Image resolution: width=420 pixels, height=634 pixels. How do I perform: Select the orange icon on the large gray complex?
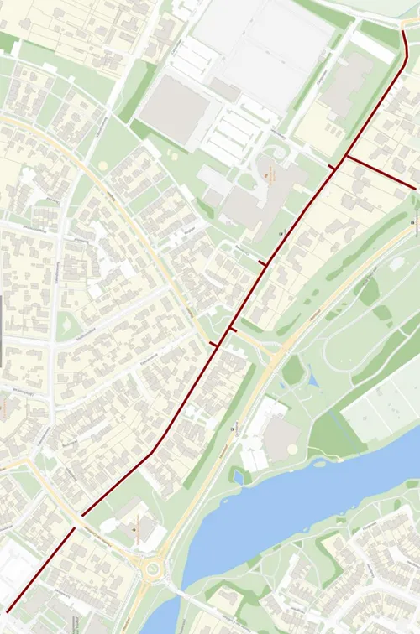click(x=267, y=174)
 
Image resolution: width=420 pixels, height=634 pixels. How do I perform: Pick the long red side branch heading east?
click(x=380, y=172)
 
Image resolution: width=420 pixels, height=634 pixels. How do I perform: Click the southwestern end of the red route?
click(x=8, y=609)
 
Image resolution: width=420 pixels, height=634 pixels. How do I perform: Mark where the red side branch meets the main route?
click(x=345, y=155)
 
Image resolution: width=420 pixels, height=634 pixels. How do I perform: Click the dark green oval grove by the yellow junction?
click(x=292, y=370)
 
